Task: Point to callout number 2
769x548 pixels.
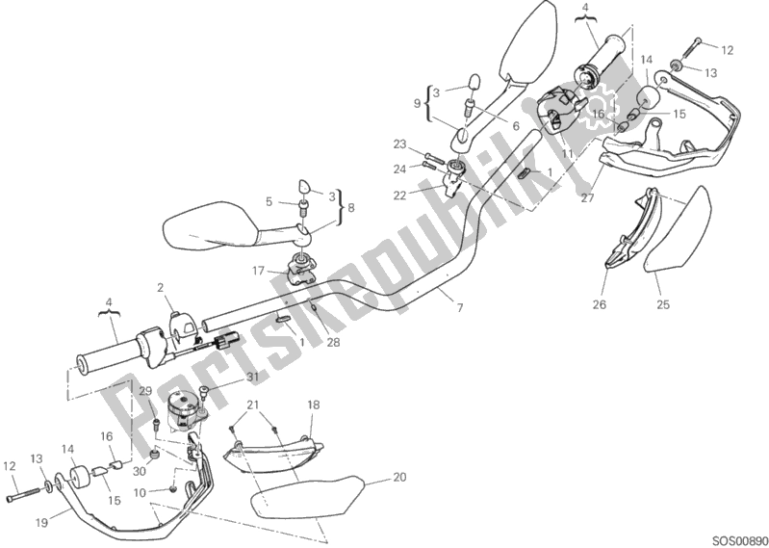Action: [x=161, y=287]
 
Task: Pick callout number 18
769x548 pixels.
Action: [x=312, y=404]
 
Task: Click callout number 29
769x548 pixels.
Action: [x=145, y=391]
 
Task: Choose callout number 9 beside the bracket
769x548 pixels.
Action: [x=418, y=103]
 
